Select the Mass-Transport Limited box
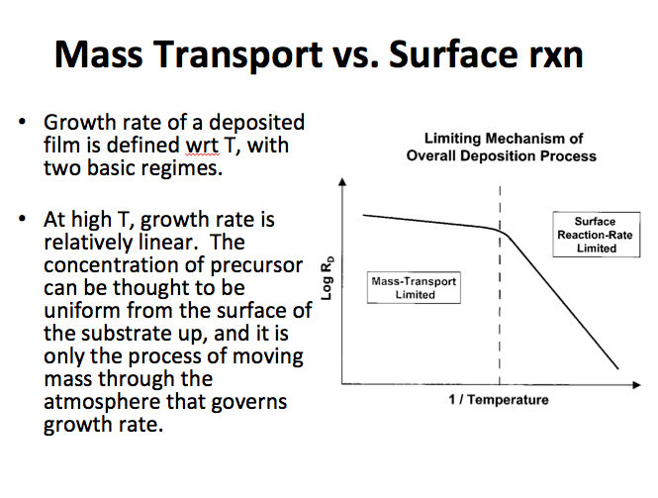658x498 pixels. click(x=414, y=288)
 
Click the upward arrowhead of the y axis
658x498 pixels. click(x=342, y=183)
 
